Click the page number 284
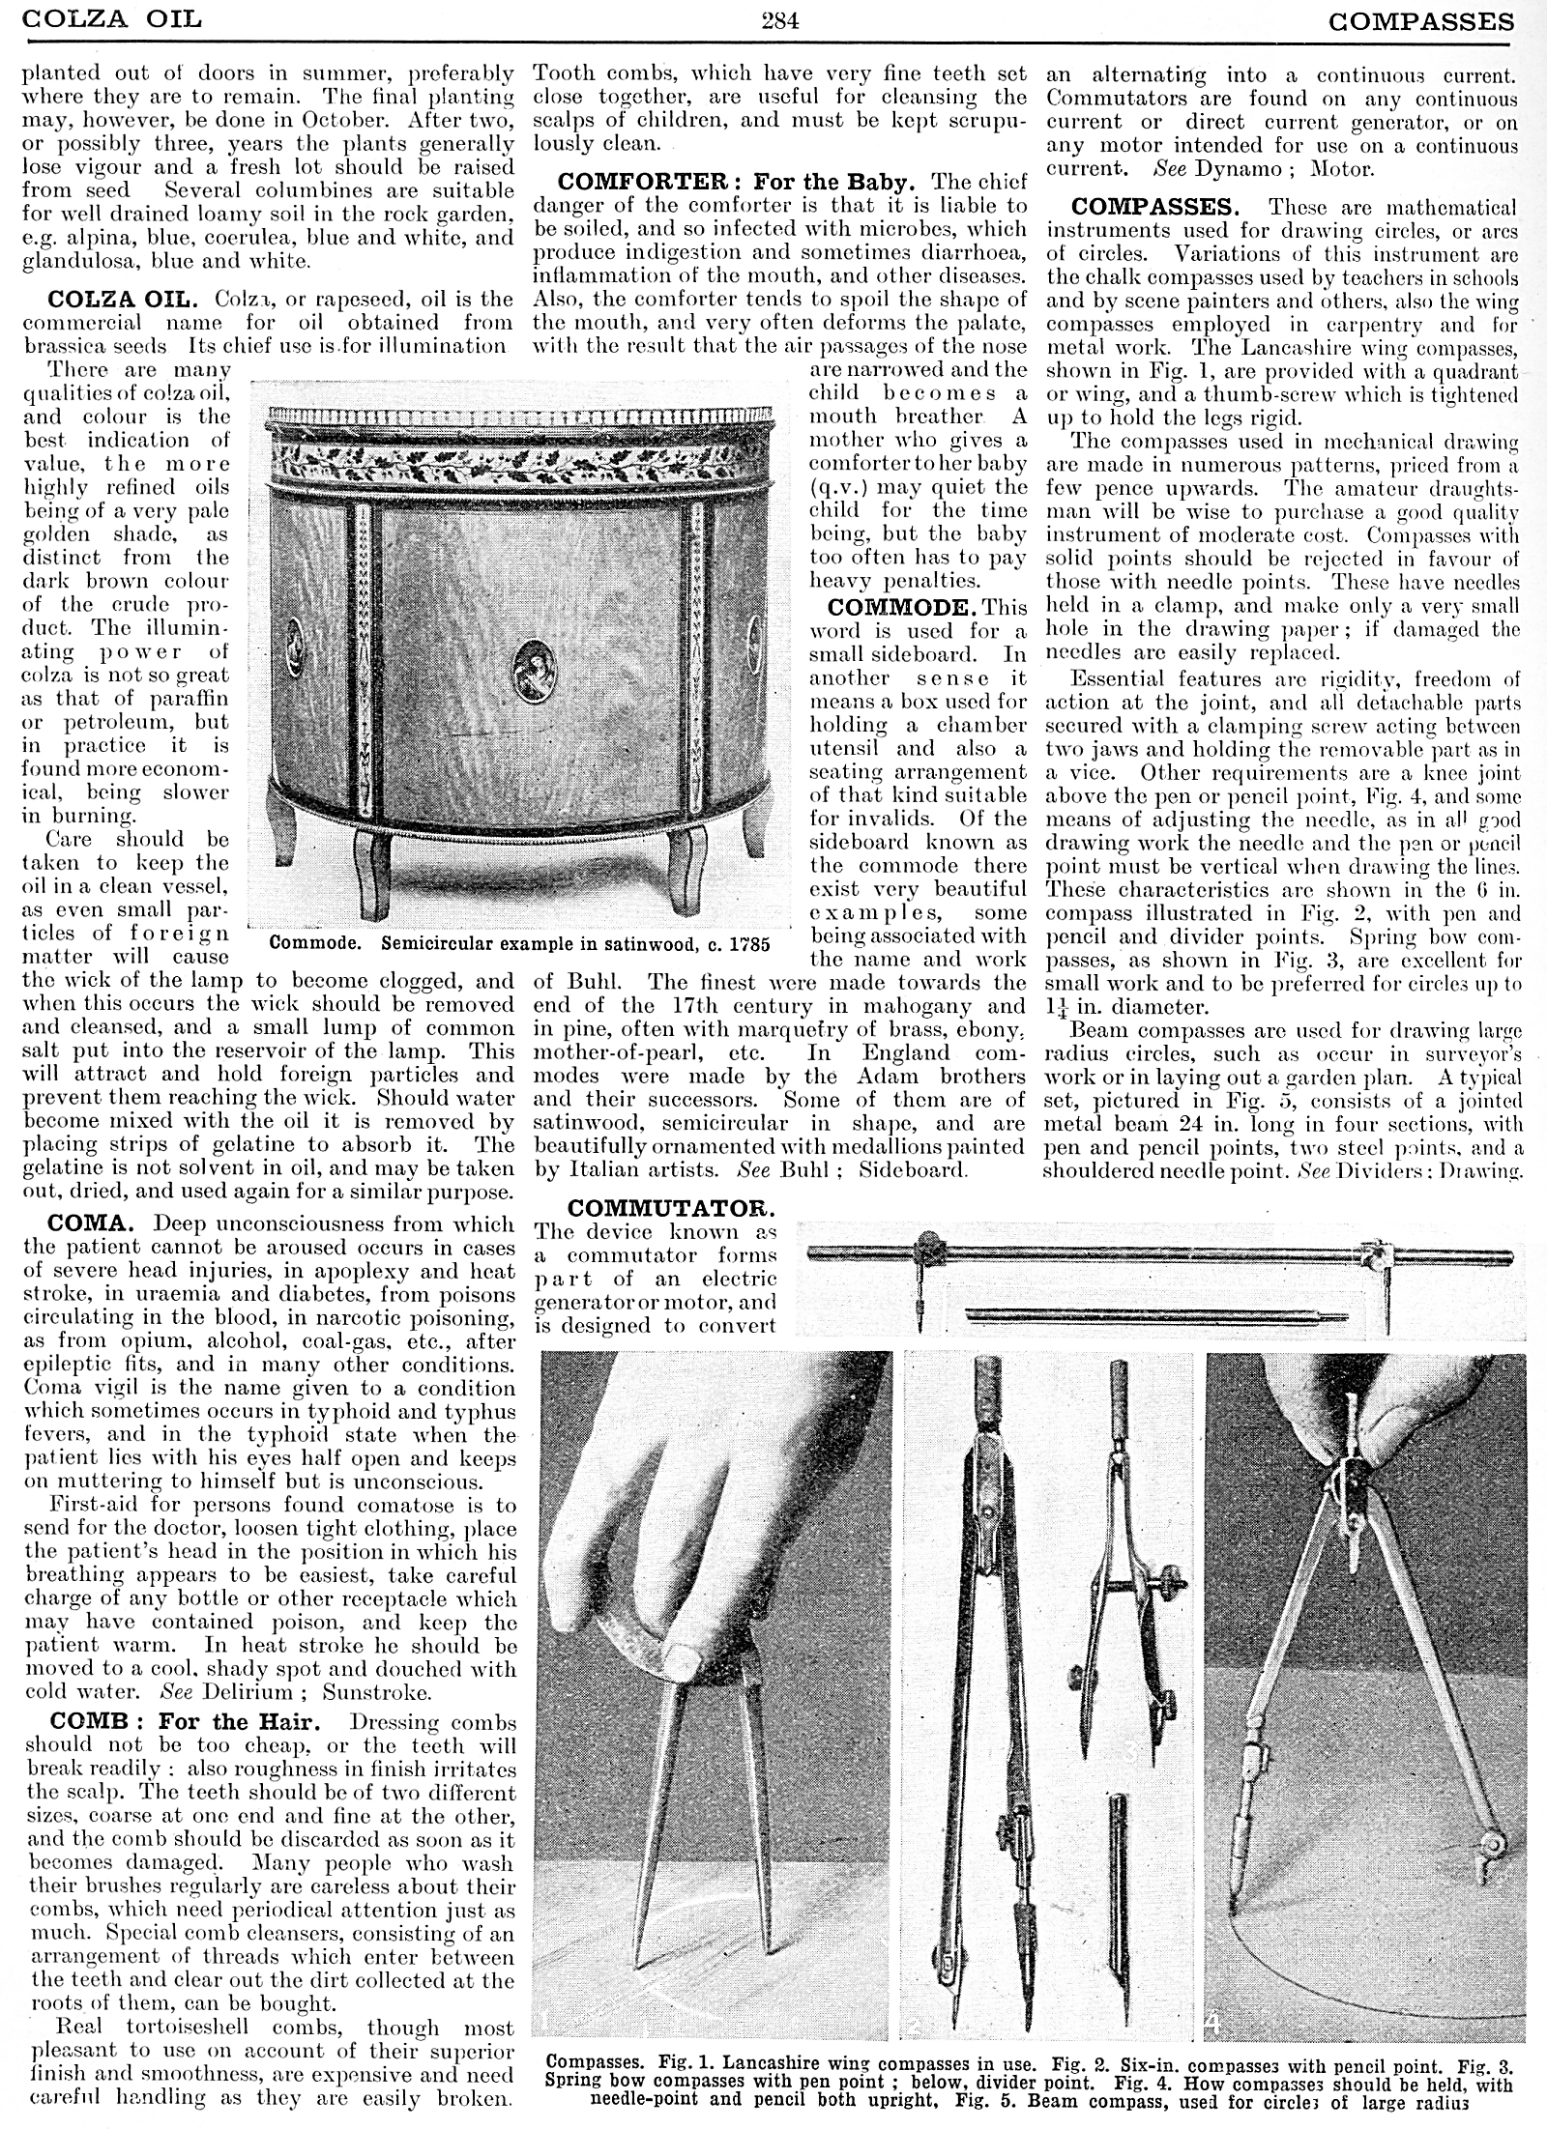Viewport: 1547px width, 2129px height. [x=778, y=18]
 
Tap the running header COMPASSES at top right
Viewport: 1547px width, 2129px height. [x=1420, y=19]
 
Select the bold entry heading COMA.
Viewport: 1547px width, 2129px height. [x=83, y=1223]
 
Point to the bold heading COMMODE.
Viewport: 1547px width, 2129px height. [x=896, y=607]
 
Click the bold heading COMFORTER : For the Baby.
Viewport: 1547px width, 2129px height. [x=736, y=181]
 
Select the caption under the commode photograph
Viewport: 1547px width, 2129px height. [x=520, y=943]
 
